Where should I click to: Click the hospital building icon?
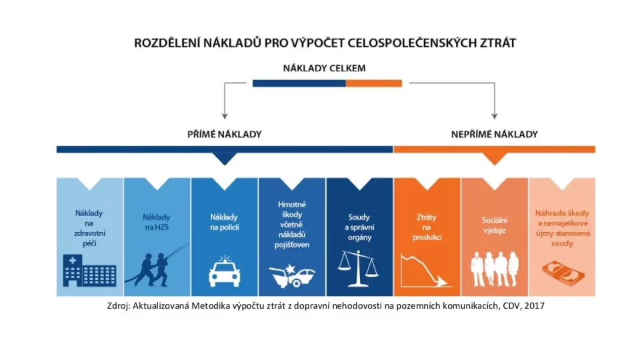[89, 271]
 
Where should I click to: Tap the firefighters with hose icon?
[157, 266]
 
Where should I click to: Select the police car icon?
[225, 271]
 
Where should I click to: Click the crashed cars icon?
[292, 276]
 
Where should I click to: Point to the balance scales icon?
[359, 269]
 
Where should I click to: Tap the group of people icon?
[494, 269]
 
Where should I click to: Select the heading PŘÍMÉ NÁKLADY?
[225, 134]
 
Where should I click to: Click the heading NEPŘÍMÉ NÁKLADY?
[494, 134]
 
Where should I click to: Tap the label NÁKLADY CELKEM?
[325, 68]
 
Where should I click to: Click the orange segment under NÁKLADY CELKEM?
[374, 83]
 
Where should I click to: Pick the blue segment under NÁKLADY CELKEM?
[299, 83]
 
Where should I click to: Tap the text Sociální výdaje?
[494, 225]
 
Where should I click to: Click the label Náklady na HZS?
[156, 222]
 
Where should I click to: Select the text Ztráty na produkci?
[427, 227]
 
